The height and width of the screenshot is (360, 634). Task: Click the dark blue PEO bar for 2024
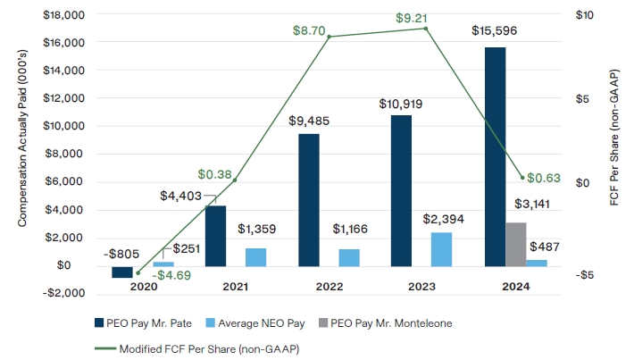(x=495, y=156)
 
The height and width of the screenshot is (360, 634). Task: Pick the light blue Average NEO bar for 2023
(x=441, y=249)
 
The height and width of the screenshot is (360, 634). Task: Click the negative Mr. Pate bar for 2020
(x=122, y=272)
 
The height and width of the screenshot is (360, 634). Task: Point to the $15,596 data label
(x=495, y=30)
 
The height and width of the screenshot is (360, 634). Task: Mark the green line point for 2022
(x=329, y=37)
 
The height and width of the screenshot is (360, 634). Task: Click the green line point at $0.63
(x=522, y=178)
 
